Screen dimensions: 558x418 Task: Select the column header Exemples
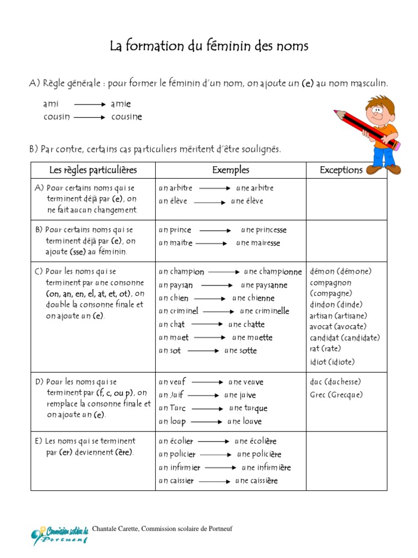pyautogui.click(x=231, y=170)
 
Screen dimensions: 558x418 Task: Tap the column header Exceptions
pyautogui.click(x=341, y=170)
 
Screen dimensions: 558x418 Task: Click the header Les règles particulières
pyautogui.click(x=93, y=170)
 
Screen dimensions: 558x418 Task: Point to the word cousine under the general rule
pyautogui.click(x=126, y=117)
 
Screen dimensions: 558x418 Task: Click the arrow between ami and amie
pyautogui.click(x=89, y=104)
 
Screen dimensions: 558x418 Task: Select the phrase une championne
pyautogui.click(x=273, y=271)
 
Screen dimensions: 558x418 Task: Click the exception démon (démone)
pyautogui.click(x=341, y=271)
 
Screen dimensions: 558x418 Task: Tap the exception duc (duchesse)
pyautogui.click(x=335, y=382)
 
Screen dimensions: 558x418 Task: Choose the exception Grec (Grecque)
pyautogui.click(x=336, y=395)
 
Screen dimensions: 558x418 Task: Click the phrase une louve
pyautogui.click(x=244, y=421)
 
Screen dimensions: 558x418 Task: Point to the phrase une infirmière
pyautogui.click(x=266, y=468)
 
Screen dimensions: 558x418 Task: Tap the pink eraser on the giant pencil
pyautogui.click(x=396, y=145)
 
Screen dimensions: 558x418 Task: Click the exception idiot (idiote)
pyautogui.click(x=332, y=362)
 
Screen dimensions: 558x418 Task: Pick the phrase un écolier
pyautogui.click(x=176, y=441)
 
